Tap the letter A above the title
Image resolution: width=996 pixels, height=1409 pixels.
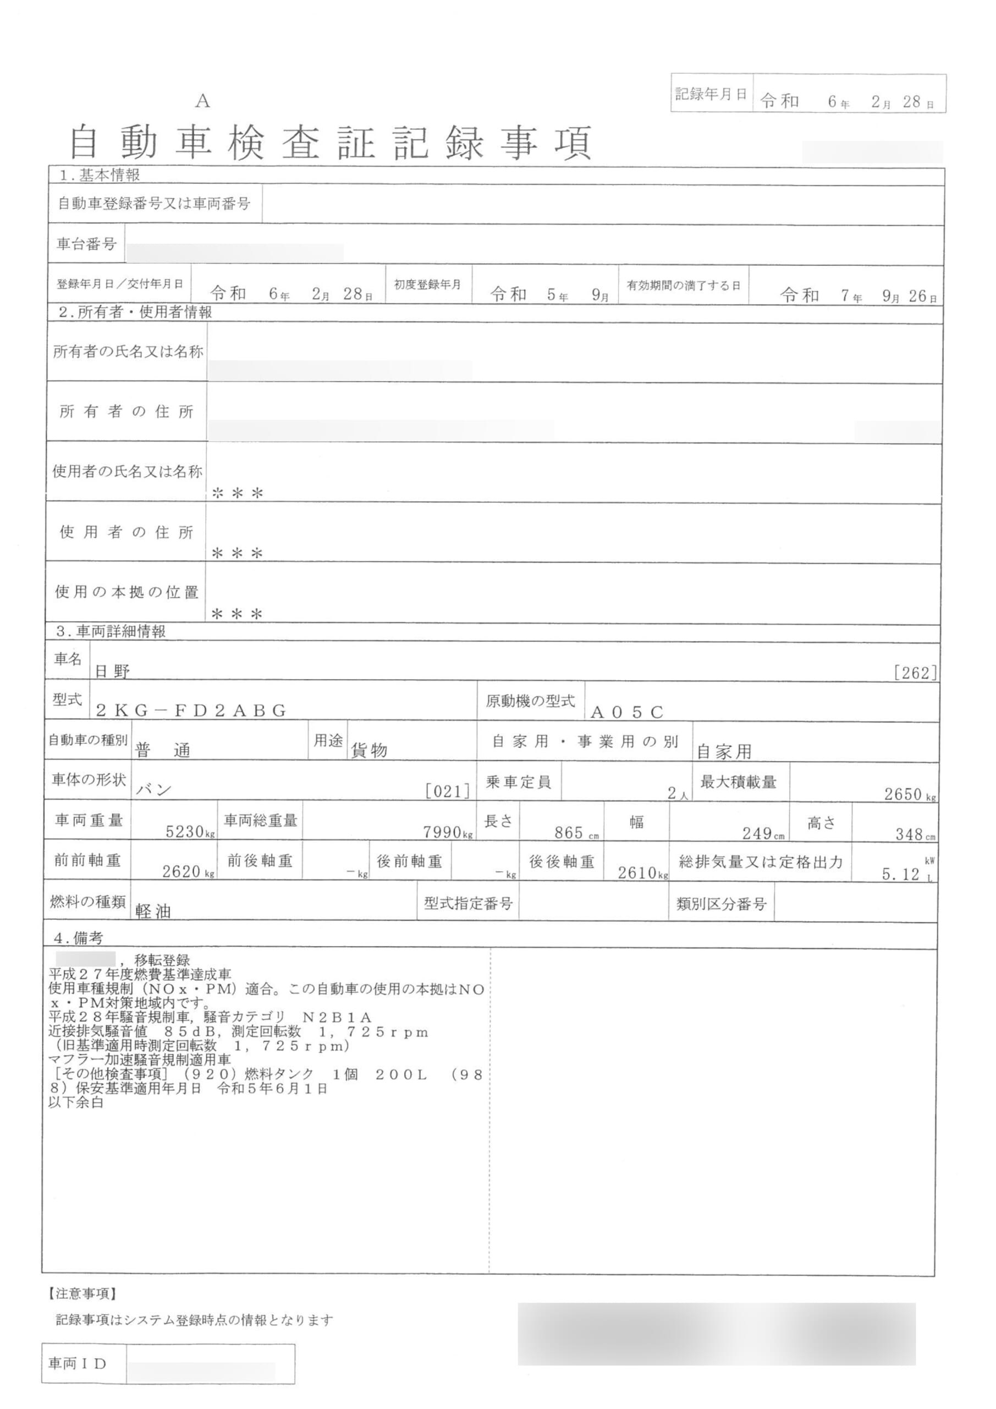click(203, 101)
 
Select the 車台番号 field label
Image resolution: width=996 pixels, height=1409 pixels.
click(86, 244)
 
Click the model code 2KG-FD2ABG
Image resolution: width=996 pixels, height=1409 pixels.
click(191, 711)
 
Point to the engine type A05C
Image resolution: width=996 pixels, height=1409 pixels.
click(627, 712)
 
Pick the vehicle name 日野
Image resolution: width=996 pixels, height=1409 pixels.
click(112, 671)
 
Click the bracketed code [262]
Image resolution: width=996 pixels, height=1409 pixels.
click(915, 673)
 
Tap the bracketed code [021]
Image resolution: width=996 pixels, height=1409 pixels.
click(448, 791)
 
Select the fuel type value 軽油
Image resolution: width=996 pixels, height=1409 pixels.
click(153, 911)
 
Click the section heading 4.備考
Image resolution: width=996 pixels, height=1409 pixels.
click(78, 938)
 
